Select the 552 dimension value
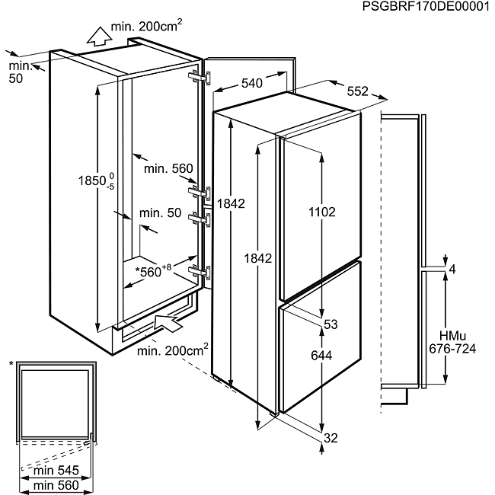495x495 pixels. [x=357, y=91]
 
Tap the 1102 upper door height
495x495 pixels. [x=322, y=212]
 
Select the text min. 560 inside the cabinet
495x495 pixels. [x=168, y=169]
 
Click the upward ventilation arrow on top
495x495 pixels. [x=97, y=34]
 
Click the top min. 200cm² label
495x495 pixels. [x=146, y=27]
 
